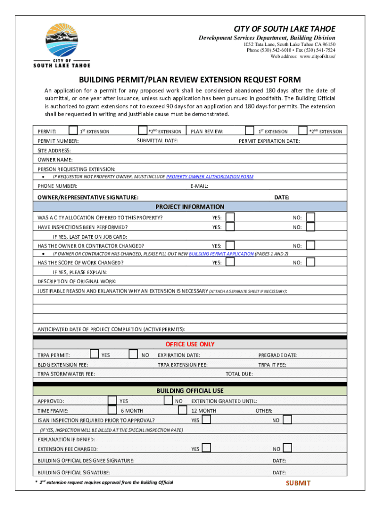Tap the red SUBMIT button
[298, 483]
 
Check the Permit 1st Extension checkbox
[73, 130]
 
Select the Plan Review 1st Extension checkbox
[251, 130]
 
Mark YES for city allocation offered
[230, 217]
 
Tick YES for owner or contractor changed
[230, 245]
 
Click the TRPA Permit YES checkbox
[95, 354]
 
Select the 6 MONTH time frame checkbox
[112, 410]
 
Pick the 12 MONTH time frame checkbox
[183, 410]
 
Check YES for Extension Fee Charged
[206, 448]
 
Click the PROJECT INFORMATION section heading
[190, 207]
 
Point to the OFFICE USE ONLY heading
[190, 344]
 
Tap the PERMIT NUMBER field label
[58, 141]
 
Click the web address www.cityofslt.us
[317, 57]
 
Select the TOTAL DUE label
[239, 374]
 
